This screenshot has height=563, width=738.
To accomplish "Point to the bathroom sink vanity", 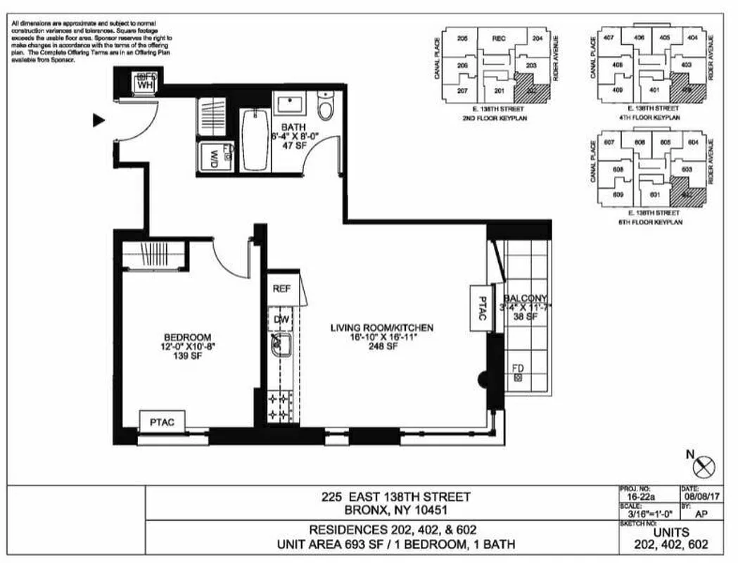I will tap(290, 105).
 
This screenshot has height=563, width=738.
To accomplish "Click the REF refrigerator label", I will tap(281, 288).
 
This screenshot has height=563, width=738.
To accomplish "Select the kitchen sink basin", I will tap(282, 346).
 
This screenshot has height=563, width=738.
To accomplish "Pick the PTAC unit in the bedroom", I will tap(162, 422).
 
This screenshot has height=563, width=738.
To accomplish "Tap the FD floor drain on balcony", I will tap(518, 374).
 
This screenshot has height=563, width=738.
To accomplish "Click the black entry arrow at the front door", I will tap(99, 120).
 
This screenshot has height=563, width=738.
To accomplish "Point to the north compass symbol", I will tap(704, 465).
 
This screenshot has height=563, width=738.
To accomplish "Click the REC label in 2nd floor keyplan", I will tap(500, 38).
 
